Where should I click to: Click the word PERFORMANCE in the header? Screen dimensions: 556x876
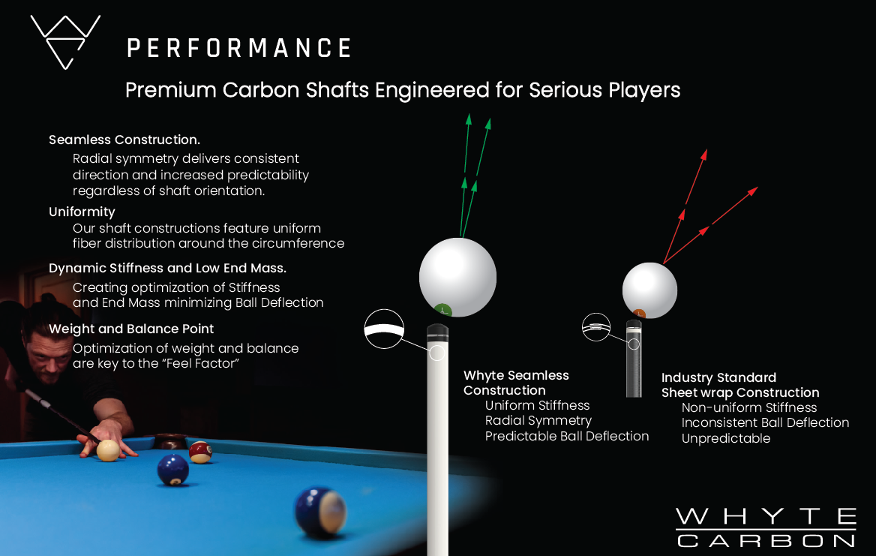pos(238,49)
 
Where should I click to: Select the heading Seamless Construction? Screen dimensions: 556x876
pos(124,140)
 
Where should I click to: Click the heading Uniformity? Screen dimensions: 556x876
pos(82,212)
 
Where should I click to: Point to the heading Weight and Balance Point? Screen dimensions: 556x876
pos(131,329)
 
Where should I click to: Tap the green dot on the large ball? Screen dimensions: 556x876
pos(442,308)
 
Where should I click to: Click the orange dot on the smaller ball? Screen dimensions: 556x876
pos(640,312)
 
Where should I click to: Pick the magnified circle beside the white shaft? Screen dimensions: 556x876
pos(384,328)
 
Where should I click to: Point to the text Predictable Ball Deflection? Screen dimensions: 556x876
pos(567,436)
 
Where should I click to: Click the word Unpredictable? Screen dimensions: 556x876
pos(725,439)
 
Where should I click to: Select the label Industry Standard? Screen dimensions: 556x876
pos(718,377)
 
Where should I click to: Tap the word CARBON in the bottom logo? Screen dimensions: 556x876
pos(766,539)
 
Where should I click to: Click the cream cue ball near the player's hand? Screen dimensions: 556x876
pos(108,449)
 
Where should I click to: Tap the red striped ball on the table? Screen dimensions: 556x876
pos(200,452)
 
